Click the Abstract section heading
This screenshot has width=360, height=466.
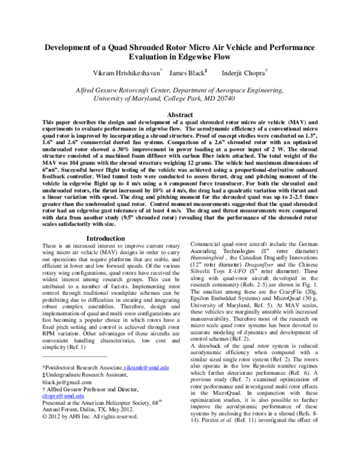click(x=179, y=115)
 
